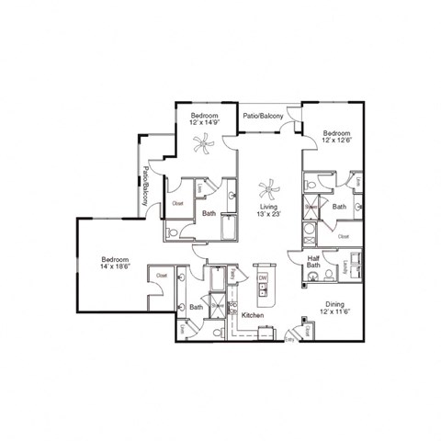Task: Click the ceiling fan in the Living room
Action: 268,190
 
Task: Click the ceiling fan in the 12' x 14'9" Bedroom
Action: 203,141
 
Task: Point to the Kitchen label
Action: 253,315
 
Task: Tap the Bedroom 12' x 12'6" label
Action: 335,137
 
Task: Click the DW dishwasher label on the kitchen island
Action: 262,277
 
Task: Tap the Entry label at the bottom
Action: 290,339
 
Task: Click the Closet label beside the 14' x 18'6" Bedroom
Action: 162,275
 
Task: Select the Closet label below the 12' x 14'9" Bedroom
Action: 178,203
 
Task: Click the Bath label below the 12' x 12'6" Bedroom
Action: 339,207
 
